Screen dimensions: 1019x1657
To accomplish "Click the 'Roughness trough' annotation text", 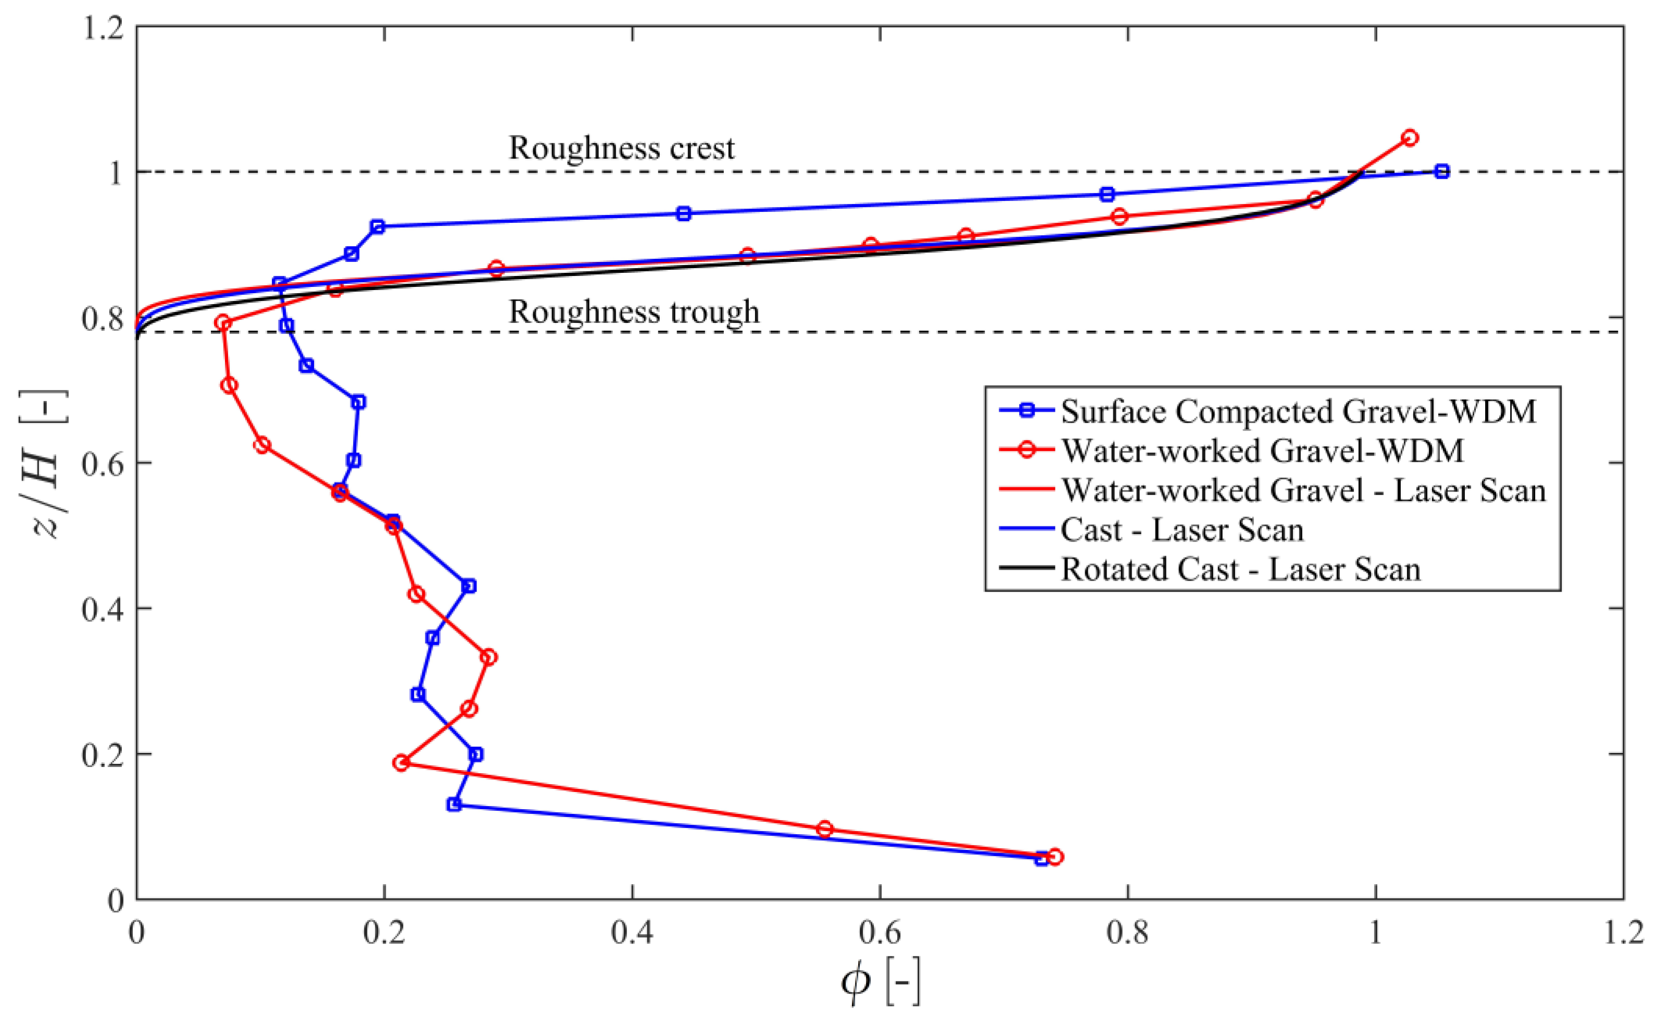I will point(633,312).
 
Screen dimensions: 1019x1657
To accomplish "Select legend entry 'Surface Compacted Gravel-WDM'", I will point(1298,411).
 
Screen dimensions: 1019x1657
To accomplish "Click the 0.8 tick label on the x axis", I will point(1127,934).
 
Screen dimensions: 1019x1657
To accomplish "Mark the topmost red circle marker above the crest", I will point(1410,137).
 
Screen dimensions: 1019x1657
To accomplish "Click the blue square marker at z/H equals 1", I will point(1441,171).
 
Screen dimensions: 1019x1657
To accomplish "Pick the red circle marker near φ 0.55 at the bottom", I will point(824,829).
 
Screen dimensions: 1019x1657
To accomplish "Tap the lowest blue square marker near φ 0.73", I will point(1042,859).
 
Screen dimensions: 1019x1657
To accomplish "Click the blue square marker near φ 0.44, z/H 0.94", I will point(683,213).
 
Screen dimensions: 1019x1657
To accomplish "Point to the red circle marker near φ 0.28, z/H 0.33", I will point(489,657).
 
